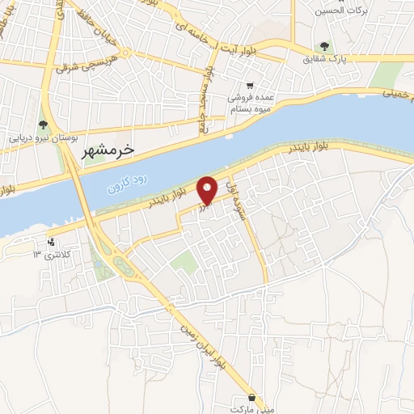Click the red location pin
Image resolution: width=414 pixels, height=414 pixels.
pyautogui.click(x=208, y=190)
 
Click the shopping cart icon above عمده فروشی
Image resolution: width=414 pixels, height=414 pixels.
pyautogui.click(x=251, y=84)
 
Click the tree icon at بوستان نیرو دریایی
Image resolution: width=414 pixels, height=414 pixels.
pyautogui.click(x=42, y=125)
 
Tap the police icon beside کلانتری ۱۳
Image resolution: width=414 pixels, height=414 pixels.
pyautogui.click(x=52, y=241)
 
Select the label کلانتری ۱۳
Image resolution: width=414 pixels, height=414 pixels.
pyautogui.click(x=49, y=255)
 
